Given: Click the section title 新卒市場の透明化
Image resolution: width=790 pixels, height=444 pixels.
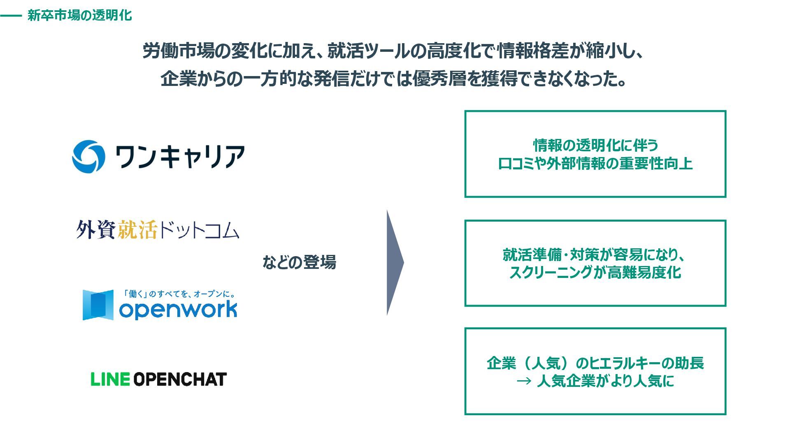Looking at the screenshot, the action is coord(79,16).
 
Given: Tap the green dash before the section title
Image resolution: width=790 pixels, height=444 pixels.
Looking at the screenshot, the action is coord(11,16).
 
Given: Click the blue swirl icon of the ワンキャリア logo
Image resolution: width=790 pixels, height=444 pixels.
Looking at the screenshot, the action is coord(88,156).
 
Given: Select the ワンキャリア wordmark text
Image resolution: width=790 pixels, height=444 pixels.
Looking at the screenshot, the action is coord(180,157).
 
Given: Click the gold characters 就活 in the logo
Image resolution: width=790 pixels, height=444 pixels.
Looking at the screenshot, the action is coord(137,229).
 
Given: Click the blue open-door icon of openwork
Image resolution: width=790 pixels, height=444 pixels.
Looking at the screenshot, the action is coord(98,305).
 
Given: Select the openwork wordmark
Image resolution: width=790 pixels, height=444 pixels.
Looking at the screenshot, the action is coord(178,310).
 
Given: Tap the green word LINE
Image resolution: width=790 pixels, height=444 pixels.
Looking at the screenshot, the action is coord(110,379).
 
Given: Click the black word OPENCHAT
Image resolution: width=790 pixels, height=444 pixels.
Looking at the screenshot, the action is coord(180,379).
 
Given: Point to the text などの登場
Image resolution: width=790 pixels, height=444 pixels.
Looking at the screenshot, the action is coord(299,262).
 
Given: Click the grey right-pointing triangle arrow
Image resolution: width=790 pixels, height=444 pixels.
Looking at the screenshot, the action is coord(394,263).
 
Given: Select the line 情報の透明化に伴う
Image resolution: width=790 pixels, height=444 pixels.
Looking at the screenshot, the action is coord(595,145).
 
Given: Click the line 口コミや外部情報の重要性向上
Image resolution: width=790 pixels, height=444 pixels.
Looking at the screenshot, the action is coord(595,164).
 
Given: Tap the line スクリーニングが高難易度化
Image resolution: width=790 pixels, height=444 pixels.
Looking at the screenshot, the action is coord(595,272).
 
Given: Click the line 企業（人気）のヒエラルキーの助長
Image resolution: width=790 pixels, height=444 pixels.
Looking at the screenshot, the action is coord(595,363).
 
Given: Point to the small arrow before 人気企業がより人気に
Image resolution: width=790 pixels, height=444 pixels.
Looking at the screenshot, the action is coord(524,382).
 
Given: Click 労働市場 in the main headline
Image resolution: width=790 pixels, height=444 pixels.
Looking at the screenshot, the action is coord(178,51).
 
